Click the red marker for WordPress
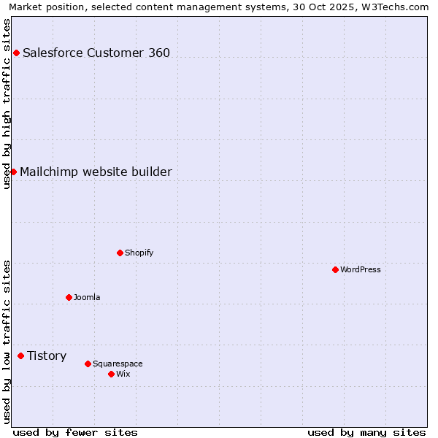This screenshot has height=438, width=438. click(335, 269)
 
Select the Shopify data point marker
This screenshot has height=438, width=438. click(120, 253)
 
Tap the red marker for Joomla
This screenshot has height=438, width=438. click(69, 297)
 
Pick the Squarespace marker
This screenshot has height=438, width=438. click(88, 364)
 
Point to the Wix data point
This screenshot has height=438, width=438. click(111, 374)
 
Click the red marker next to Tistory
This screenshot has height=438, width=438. click(20, 356)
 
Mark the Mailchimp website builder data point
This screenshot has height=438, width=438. click(13, 172)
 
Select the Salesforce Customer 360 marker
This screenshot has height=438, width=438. click(16, 53)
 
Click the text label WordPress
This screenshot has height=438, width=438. click(361, 269)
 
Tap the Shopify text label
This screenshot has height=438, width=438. click(139, 253)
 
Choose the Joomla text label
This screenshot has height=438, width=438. click(87, 297)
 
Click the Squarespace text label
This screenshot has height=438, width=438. click(118, 364)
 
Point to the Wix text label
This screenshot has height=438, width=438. click(123, 374)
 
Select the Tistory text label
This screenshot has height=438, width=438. click(47, 356)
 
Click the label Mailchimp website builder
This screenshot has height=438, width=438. click(96, 172)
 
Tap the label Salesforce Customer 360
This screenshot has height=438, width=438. click(96, 53)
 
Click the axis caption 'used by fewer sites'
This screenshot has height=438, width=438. click(75, 432)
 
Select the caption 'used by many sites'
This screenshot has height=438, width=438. click(366, 432)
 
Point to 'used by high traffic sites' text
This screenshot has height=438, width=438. click(7, 104)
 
